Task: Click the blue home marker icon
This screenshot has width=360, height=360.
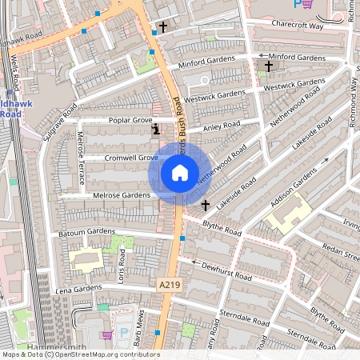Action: (180, 173)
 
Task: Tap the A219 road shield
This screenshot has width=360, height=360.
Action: (168, 285)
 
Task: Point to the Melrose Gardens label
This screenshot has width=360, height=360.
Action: (122, 195)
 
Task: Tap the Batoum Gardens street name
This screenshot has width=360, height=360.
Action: (88, 233)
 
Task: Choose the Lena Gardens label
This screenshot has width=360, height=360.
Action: (78, 287)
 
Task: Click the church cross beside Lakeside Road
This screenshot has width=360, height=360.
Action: (205, 206)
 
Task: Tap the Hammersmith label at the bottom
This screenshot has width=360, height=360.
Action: (54, 347)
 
